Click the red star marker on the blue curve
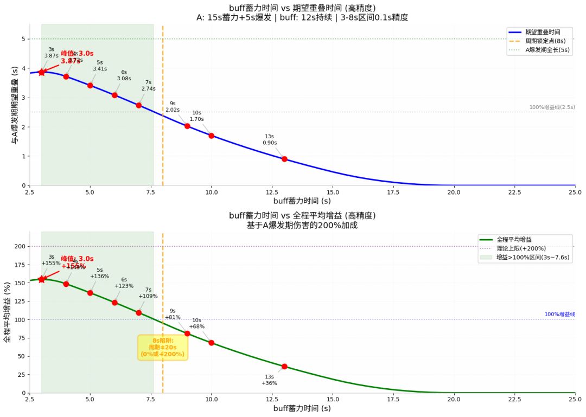click(42, 72)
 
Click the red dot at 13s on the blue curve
click(284, 159)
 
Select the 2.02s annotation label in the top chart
click(173, 110)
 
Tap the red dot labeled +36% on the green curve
click(284, 367)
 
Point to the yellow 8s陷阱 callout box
click(163, 347)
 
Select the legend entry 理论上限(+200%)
click(521, 248)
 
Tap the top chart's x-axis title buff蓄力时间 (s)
click(302, 201)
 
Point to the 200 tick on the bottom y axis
click(21, 246)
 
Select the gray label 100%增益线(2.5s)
click(552, 107)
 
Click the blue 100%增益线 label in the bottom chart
click(559, 315)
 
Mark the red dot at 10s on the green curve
click(211, 343)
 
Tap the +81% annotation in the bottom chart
click(173, 317)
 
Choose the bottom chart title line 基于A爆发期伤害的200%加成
click(302, 225)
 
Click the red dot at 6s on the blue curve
click(114, 95)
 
